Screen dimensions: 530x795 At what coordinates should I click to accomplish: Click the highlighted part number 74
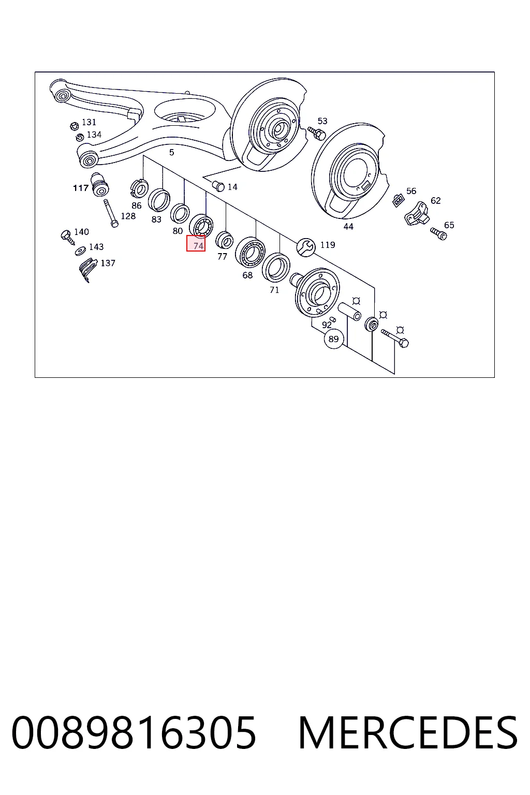198,246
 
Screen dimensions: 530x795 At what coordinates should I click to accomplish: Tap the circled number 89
334,339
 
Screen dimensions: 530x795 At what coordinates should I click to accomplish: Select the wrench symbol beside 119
306,247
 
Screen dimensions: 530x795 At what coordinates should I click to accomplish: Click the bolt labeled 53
317,133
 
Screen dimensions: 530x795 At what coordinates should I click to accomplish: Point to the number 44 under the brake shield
348,226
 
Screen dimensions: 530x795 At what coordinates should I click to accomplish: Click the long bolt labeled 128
110,213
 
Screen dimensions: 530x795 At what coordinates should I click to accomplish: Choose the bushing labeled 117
100,185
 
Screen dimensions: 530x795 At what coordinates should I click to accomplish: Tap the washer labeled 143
81,251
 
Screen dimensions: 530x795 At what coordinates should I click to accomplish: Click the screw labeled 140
67,237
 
